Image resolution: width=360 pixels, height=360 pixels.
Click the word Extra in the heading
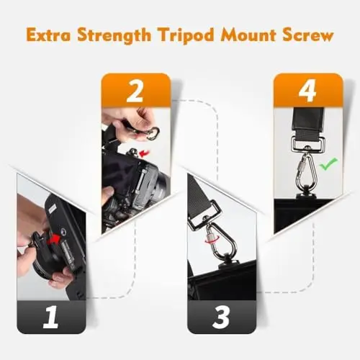pyautogui.click(x=49, y=35)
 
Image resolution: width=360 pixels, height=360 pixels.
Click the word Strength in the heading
pyautogui.click(x=114, y=35)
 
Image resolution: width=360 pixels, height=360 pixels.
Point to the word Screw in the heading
pyautogui.click(x=308, y=36)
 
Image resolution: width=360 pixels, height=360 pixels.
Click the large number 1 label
pyautogui.click(x=50, y=317)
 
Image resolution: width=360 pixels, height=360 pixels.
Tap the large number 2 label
pyautogui.click(x=135, y=91)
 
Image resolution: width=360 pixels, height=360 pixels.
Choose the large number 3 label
pyautogui.click(x=221, y=317)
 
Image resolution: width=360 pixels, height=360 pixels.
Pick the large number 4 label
pyautogui.click(x=307, y=91)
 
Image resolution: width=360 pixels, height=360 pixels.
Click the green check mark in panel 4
pyautogui.click(x=328, y=163)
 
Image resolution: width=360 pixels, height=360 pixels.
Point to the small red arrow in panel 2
pyautogui.click(x=145, y=153)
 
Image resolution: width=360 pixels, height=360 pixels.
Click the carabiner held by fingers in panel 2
pyautogui.click(x=152, y=134)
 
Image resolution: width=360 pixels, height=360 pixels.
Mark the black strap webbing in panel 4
pyautogui.click(x=308, y=122)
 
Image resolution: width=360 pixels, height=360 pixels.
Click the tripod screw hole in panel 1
pyautogui.click(x=64, y=231)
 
